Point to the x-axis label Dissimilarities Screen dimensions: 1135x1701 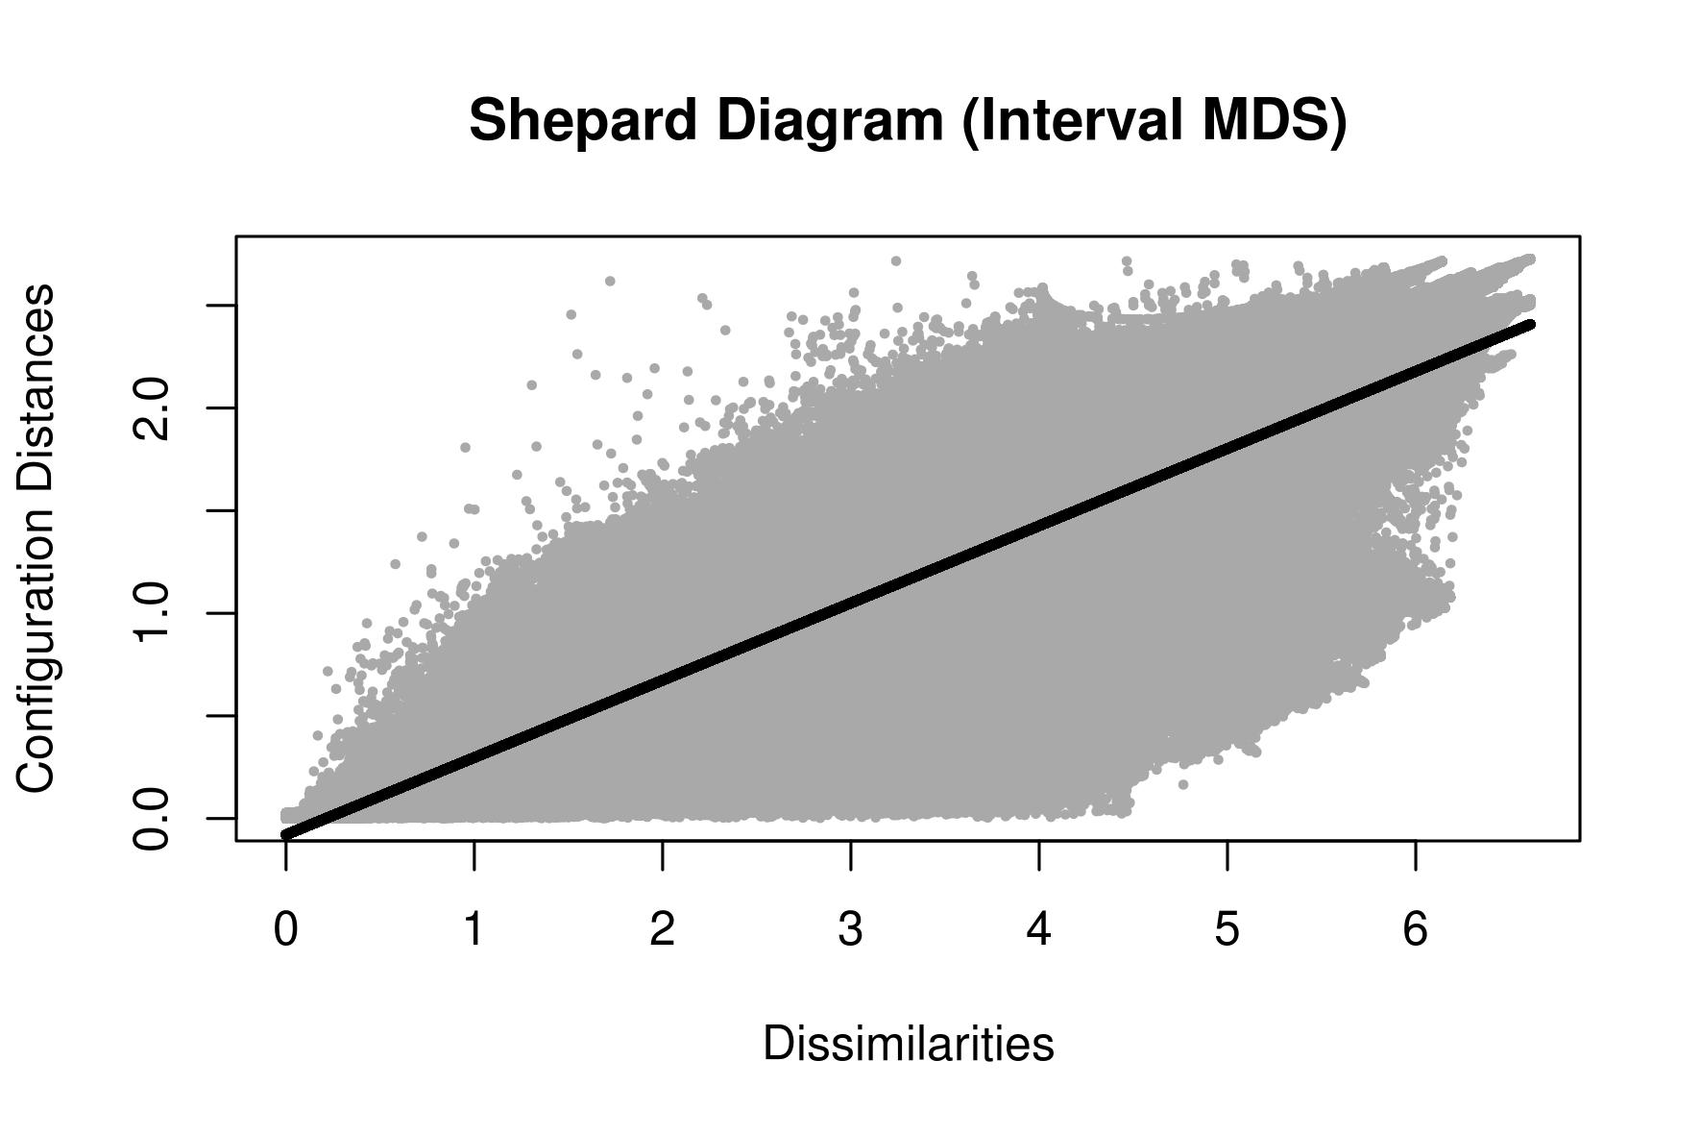[908, 1044]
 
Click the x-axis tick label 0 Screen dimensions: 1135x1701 [285, 929]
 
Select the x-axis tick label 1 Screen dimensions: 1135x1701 [474, 929]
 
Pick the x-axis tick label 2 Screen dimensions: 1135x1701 [662, 929]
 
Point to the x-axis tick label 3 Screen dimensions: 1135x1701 [850, 929]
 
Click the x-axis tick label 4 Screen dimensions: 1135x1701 [1038, 929]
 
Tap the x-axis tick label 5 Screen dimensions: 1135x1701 [1227, 929]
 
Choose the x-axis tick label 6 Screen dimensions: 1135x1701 [1415, 929]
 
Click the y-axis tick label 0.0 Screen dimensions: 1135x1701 [152, 819]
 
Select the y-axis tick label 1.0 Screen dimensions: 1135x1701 [152, 613]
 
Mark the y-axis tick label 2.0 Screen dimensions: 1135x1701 [152, 408]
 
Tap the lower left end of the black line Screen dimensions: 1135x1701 [286, 834]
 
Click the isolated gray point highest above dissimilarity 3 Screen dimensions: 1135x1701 [896, 260]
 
